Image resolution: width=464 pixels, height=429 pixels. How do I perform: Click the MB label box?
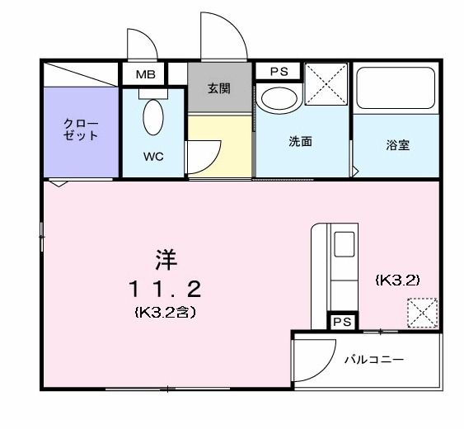145,74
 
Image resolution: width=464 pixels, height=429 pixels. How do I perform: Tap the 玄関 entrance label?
219,88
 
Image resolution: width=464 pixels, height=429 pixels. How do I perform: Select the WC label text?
152,156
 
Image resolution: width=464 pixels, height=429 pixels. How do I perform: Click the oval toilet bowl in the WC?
153,118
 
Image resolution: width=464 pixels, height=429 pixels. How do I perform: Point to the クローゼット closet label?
82,130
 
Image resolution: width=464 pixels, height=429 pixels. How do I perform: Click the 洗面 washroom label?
300,141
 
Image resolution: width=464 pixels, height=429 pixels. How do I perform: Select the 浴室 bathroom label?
398,145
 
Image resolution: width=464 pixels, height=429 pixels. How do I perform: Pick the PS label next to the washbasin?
278,72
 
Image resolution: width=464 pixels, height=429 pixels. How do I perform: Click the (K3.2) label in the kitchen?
397,280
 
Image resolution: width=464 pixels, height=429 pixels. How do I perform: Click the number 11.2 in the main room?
164,288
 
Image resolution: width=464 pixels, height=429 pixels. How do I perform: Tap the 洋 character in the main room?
164,258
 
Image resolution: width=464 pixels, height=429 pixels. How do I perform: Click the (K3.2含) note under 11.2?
164,313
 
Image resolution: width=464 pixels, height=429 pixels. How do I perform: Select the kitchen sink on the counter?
342,245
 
